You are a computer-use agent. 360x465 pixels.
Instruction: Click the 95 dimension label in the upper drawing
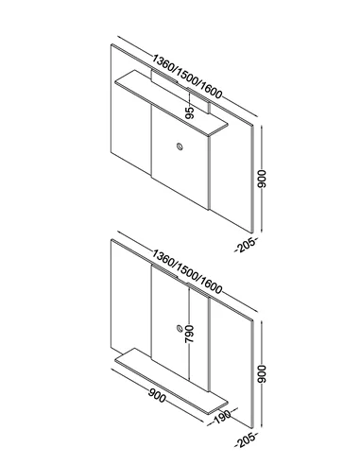tap(189, 112)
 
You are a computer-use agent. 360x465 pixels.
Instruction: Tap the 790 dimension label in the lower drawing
tap(189, 334)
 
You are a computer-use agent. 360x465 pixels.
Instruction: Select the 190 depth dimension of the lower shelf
tap(222, 417)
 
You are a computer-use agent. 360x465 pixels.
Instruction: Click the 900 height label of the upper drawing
tap(262, 179)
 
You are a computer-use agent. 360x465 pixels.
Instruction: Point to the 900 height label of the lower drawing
tap(262, 374)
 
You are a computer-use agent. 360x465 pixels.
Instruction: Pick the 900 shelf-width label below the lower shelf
tap(157, 395)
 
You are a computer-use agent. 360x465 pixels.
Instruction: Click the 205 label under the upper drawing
tap(246, 245)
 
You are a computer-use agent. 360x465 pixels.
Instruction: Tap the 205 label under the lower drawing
tap(246, 440)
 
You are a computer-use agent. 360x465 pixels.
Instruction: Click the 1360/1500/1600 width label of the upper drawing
tap(187, 77)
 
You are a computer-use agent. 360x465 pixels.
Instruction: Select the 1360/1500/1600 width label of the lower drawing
tap(187, 271)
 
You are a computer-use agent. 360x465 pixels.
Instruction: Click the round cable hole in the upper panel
tap(180, 146)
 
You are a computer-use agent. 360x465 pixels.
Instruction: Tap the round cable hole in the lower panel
tap(180, 328)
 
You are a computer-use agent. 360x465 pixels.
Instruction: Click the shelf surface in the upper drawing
tap(172, 103)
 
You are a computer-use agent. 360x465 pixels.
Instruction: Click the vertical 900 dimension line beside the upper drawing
tap(262, 179)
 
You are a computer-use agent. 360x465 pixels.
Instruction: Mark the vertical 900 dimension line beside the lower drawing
tap(262, 374)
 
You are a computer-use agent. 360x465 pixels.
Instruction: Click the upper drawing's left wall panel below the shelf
tap(130, 126)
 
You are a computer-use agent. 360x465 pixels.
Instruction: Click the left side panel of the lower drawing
tap(130, 302)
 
